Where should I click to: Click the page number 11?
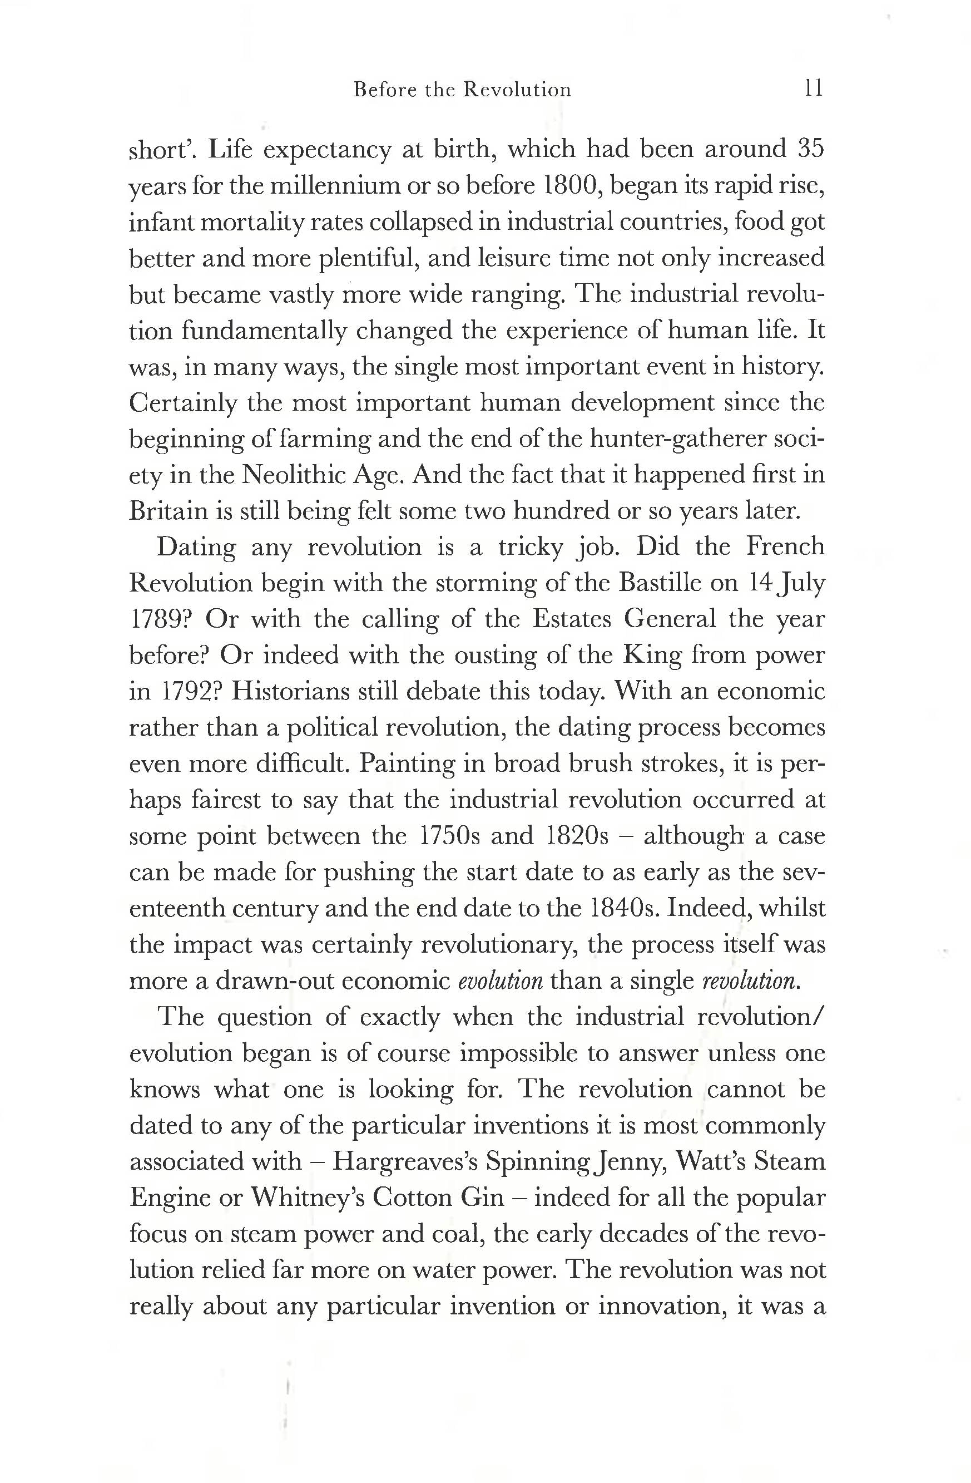(814, 89)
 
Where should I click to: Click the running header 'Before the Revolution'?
(462, 90)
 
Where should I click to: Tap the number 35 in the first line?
(810, 150)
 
